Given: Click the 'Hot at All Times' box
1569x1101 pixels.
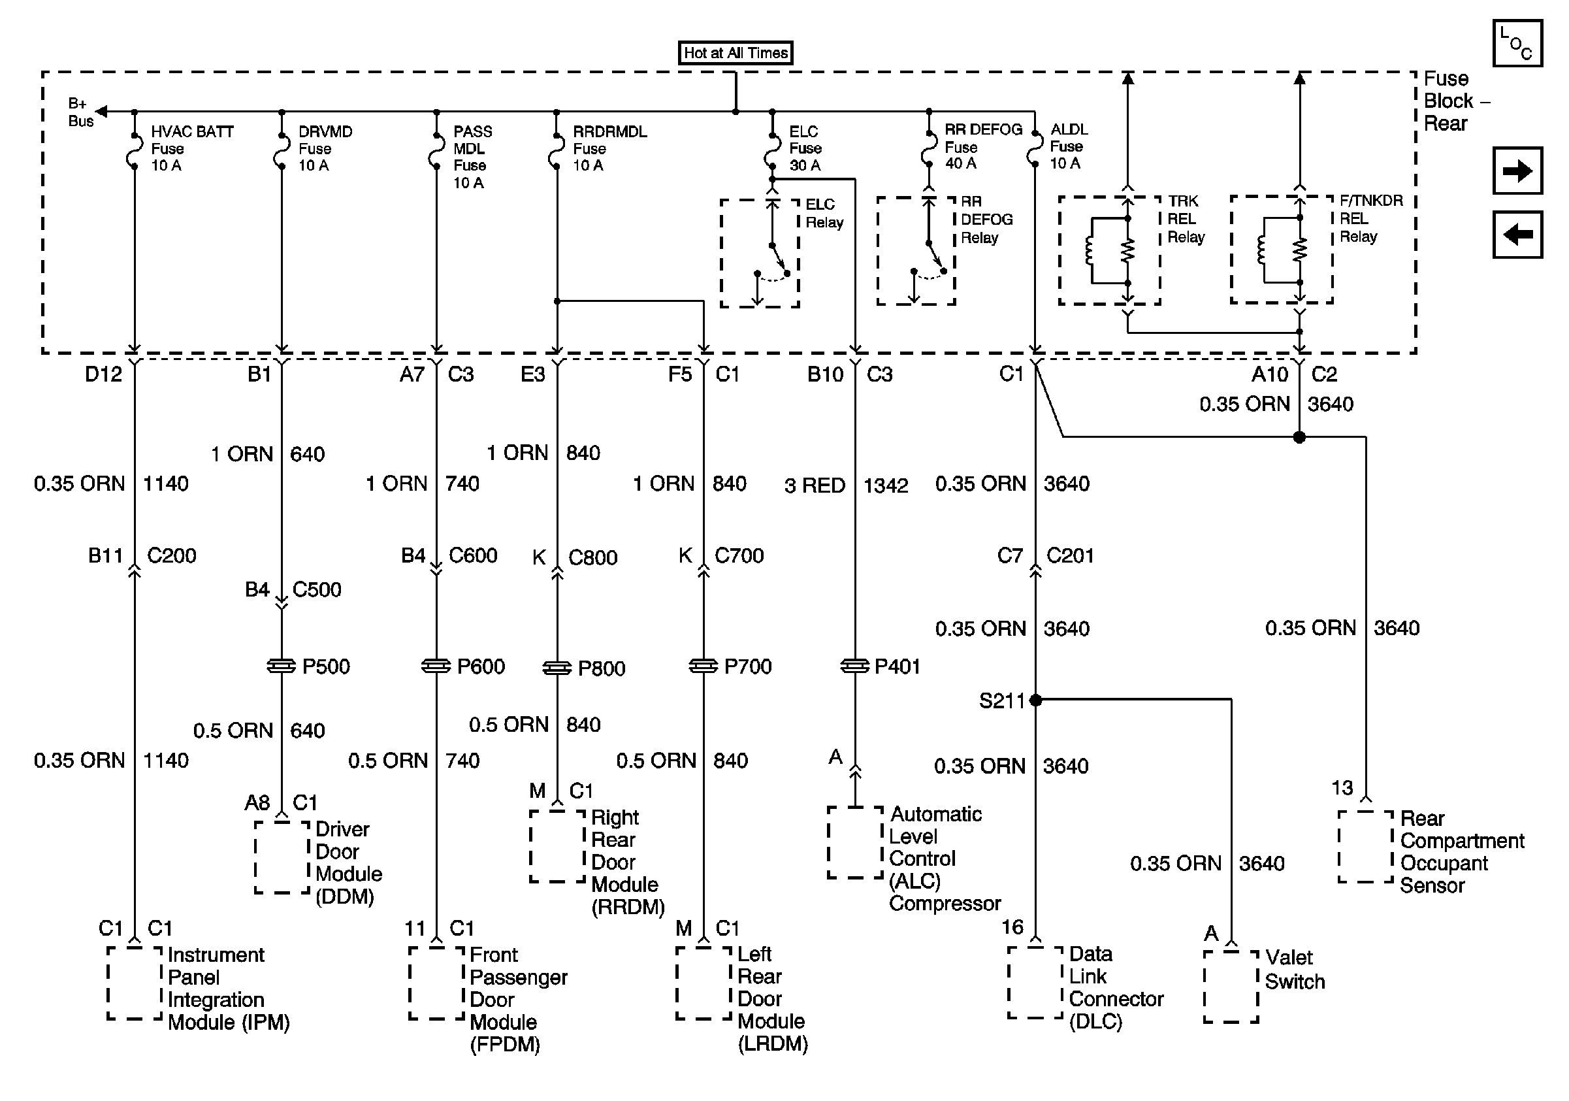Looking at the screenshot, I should point(736,53).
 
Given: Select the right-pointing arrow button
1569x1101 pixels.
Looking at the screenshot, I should point(1517,170).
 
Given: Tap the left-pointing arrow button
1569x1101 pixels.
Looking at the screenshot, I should point(1517,235).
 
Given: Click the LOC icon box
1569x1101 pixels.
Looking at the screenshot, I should point(1517,44).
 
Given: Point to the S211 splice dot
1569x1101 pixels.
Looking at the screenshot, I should point(1035,700).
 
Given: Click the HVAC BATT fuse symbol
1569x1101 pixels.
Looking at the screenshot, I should point(135,150).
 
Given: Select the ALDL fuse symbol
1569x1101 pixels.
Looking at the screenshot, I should point(1035,148).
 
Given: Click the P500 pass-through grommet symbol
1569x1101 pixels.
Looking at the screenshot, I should point(282,666).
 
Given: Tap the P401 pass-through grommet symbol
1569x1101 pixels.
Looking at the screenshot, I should point(855,666).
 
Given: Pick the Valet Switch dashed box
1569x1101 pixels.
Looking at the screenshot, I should point(1231,986).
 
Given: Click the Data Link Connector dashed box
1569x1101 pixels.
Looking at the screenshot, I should point(1035,982).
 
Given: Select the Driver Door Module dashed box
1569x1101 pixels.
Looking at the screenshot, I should point(282,857).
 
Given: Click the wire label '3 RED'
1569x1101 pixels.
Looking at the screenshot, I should point(815,486).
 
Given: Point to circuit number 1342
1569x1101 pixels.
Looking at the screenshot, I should point(886,486).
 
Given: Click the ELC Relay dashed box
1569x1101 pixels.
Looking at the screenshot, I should point(759,254).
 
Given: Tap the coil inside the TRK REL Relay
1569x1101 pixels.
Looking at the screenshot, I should point(1090,250).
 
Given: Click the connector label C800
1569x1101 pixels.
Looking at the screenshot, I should point(592,557).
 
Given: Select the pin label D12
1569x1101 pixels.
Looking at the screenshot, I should point(103,374).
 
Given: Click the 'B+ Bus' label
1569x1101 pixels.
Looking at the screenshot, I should point(80,113).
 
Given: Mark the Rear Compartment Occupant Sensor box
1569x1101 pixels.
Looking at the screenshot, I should point(1365,847).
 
